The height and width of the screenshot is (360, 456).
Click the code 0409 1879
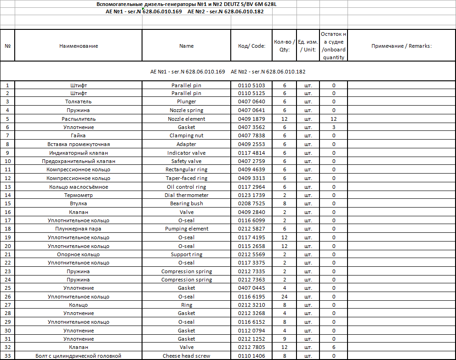pos(251,119)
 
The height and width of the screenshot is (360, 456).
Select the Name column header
pos(186,46)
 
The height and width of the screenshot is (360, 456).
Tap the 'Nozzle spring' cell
pos(186,110)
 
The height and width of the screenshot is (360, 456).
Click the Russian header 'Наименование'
pos(79,46)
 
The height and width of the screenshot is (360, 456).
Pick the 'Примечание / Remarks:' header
pos(401,46)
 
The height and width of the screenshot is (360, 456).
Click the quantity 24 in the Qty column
pos(285,297)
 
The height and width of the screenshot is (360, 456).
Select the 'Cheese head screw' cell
pos(186,356)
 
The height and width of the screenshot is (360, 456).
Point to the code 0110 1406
pos(251,356)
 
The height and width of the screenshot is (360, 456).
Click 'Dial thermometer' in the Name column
pos(186,195)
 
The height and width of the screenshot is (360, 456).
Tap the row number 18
pos(7,229)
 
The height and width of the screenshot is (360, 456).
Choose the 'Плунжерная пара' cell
pos(79,229)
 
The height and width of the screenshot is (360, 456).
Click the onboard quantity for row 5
pos(334,119)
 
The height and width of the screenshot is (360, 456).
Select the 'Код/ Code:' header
pos(251,46)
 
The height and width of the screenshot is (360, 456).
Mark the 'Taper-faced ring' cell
pos(186,178)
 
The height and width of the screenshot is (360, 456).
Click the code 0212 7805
pos(251,347)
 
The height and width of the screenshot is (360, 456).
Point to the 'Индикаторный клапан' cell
pos(79,153)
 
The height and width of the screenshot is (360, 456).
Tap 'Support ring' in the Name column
pos(186,254)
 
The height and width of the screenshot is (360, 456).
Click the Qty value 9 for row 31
pos(285,339)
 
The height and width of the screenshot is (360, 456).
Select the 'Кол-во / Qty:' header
pos(285,46)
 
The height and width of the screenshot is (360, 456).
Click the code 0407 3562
pos(251,127)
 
